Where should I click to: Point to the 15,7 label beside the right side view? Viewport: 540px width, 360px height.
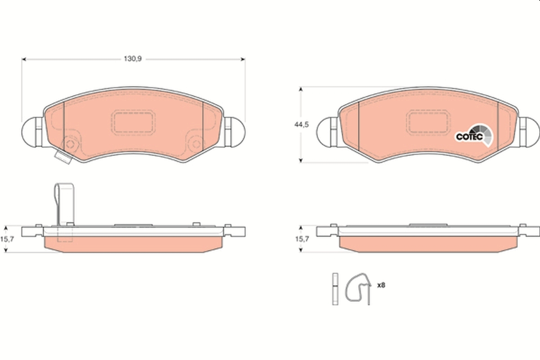301,239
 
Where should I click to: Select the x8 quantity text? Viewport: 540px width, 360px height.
381,285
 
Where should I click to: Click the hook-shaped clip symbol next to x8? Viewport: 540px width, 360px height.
358,288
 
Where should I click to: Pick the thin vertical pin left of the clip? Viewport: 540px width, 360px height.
335,289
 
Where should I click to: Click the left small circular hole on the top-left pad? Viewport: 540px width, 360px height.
70,144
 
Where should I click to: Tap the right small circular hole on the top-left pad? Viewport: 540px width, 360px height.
197,144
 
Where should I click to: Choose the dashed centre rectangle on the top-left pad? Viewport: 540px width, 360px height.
133,121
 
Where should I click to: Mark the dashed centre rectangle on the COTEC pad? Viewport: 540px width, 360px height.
428,121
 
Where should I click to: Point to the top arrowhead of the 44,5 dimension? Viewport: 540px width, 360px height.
301,90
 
